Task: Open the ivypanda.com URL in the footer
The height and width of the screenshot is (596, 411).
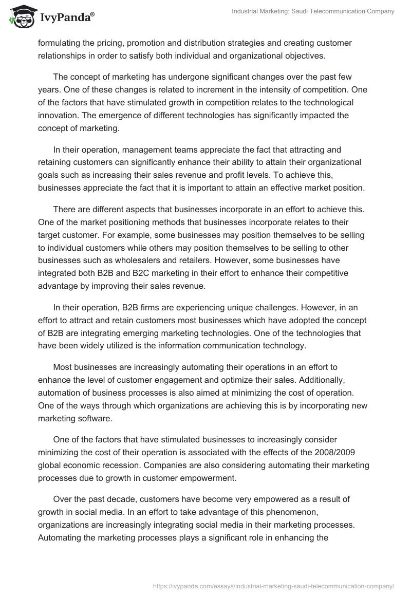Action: tap(274, 585)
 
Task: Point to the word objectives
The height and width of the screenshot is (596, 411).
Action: tap(301, 56)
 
